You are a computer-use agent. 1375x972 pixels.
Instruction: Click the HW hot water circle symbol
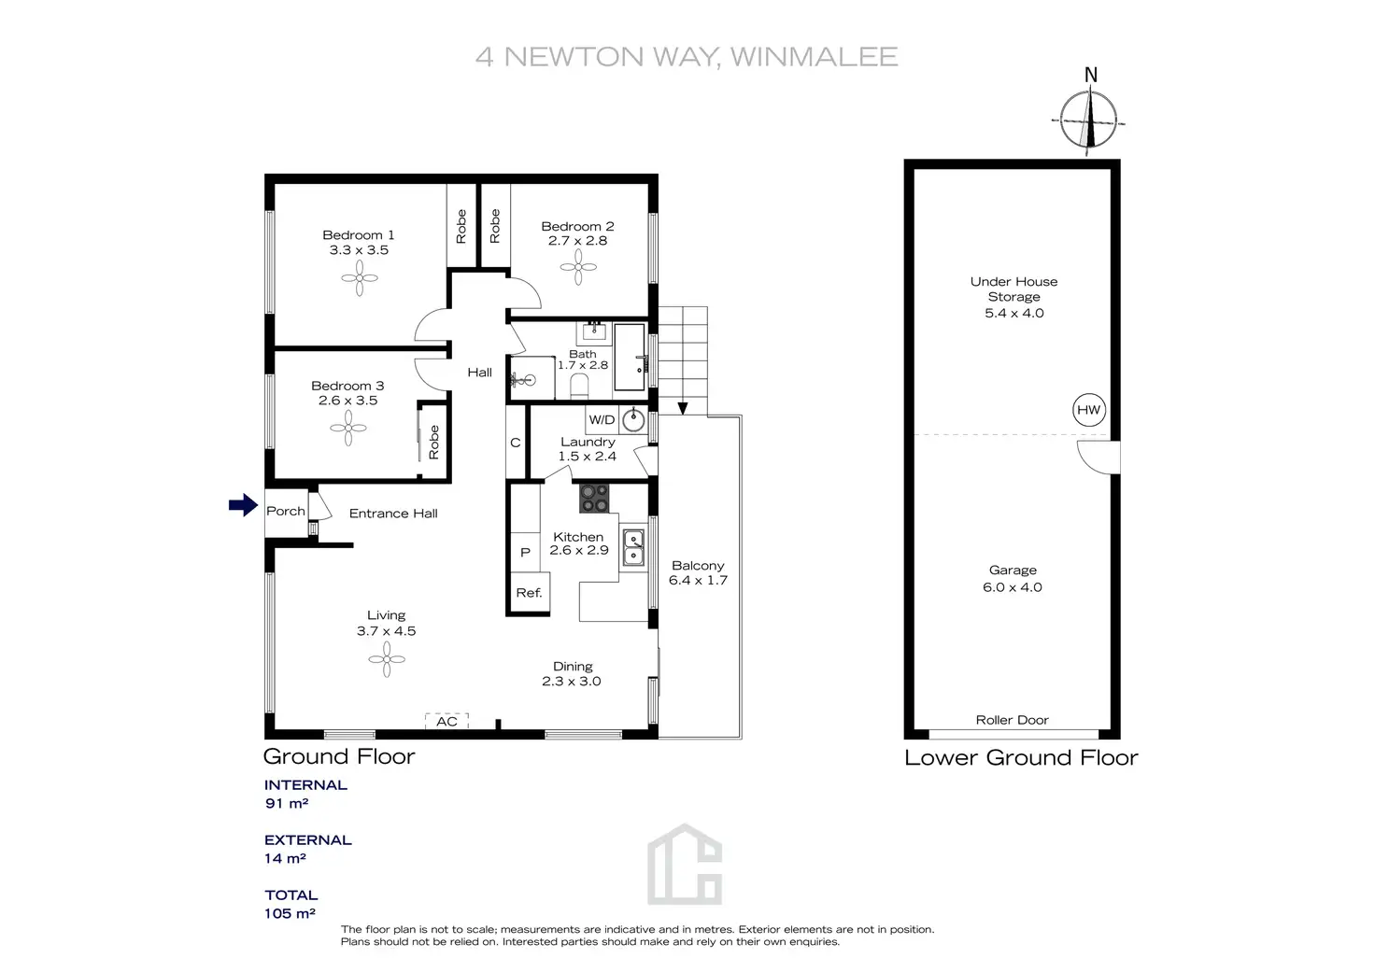[x=1088, y=410]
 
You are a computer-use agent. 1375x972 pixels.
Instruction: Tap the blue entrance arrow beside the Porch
[x=243, y=505]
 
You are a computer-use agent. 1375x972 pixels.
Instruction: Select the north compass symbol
[x=1090, y=119]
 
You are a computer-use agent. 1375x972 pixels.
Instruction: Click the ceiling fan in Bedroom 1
[x=360, y=277]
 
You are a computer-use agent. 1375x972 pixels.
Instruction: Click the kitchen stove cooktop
[x=594, y=498]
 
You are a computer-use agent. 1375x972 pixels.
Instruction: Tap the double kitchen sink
[x=633, y=547]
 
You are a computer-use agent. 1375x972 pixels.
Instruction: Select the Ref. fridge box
[x=529, y=593]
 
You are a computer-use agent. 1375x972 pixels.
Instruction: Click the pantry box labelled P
[x=525, y=552]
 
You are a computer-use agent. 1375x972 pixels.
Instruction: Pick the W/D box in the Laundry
[x=602, y=420]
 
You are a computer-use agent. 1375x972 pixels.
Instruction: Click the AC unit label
[x=447, y=721]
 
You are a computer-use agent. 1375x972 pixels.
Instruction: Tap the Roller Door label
[x=1012, y=720]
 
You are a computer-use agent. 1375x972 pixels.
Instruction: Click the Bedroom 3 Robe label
[x=433, y=442]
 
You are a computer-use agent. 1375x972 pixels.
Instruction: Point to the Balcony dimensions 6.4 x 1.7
[x=698, y=580]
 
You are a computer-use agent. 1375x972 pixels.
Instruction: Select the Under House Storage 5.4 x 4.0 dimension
[x=1014, y=313]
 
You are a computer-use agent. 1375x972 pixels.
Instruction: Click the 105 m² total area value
[x=290, y=913]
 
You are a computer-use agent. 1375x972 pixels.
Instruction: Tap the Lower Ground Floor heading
[x=1021, y=757]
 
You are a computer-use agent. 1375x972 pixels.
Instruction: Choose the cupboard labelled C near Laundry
[x=515, y=443]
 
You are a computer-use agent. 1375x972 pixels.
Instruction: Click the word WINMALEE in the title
[x=814, y=57]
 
